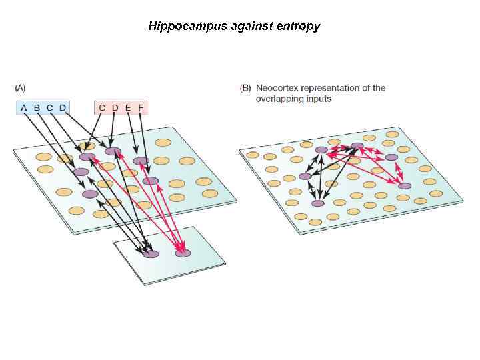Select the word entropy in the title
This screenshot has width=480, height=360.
pyautogui.click(x=297, y=27)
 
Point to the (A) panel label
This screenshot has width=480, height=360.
pyautogui.click(x=20, y=88)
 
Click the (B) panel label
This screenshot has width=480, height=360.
pyautogui.click(x=245, y=88)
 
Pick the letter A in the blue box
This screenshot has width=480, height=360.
pyautogui.click(x=24, y=107)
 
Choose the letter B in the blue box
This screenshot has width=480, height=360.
pyautogui.click(x=37, y=107)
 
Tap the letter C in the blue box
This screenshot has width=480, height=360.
pyautogui.click(x=50, y=107)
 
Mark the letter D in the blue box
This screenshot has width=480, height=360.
pyautogui.click(x=63, y=107)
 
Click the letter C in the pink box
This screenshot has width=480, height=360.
pyautogui.click(x=102, y=107)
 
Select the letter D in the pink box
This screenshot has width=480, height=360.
pyautogui.click(x=115, y=107)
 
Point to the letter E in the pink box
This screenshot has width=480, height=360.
pyautogui.click(x=128, y=107)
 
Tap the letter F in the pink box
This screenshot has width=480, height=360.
pyautogui.click(x=141, y=107)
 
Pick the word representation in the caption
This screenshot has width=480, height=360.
pyautogui.click(x=337, y=88)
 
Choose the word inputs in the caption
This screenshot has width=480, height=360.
pyautogui.click(x=319, y=99)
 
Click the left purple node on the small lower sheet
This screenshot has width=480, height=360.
pyautogui.click(x=151, y=253)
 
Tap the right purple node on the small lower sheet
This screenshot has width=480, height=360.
pyautogui.click(x=183, y=253)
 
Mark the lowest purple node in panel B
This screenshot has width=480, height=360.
pyautogui.click(x=318, y=203)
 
